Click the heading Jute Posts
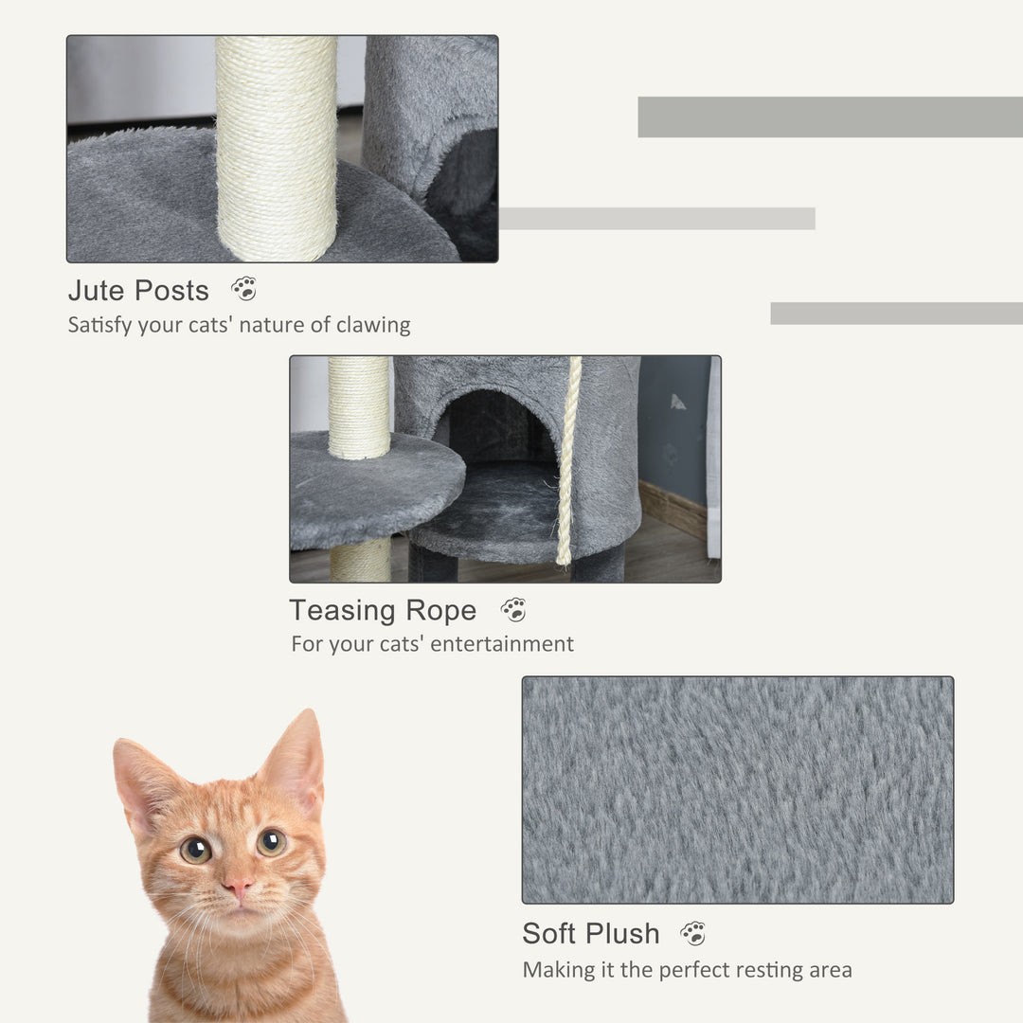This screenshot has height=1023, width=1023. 138,290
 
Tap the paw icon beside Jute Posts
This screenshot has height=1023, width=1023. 243,289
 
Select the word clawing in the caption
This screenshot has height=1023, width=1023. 372,325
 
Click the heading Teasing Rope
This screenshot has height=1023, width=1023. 383,610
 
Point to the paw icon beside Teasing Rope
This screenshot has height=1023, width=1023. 513,610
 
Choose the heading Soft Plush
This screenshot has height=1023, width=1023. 591,933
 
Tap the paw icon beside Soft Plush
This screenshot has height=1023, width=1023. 693,933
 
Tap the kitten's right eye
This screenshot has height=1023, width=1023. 271,841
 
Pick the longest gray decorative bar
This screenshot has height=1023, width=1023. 830,117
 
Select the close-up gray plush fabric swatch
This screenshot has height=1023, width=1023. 737,789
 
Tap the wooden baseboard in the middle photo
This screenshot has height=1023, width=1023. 673,509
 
